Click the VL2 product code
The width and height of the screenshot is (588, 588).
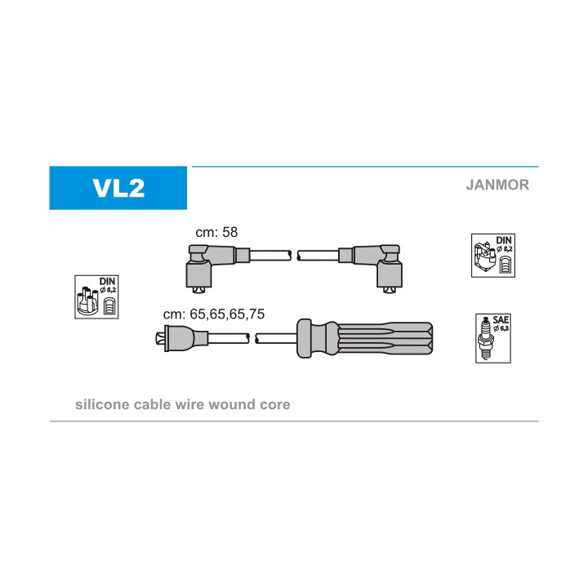coord(118,188)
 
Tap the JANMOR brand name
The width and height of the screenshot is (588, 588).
coord(497,185)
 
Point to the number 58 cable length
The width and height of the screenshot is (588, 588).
coord(229,232)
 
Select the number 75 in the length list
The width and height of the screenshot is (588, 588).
coord(256,314)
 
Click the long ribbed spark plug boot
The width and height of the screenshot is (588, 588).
coord(364,338)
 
